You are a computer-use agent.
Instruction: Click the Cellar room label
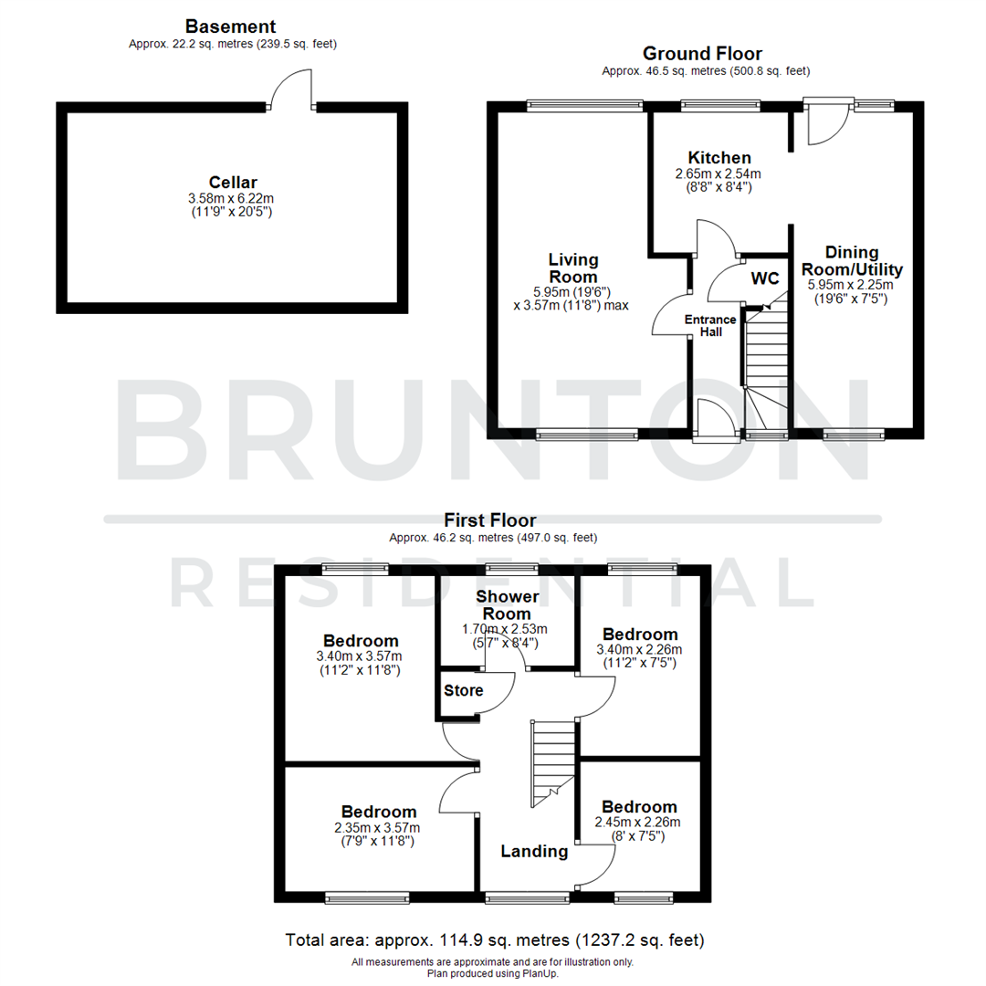coord(232,182)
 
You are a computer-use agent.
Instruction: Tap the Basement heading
coord(230,26)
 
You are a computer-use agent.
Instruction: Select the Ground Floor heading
coord(702,54)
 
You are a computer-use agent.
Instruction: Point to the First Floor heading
coord(490,520)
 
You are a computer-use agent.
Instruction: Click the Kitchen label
coord(719,158)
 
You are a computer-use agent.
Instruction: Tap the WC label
coord(764,277)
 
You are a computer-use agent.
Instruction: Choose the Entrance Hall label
coord(711,325)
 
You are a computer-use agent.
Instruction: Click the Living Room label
coord(572,268)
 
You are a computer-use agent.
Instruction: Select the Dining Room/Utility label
coord(851,260)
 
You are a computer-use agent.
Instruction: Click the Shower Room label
coord(508,605)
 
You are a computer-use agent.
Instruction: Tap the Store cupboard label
coord(464,690)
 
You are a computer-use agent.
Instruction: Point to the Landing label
coord(534,852)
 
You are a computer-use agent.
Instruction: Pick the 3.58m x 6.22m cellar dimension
coord(232,198)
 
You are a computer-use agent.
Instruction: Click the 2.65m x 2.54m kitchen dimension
coord(719,173)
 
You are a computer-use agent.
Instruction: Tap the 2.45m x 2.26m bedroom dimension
coord(639,823)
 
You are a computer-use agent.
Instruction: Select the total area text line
coord(494,939)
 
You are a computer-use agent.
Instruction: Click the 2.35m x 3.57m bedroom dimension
coord(379,827)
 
